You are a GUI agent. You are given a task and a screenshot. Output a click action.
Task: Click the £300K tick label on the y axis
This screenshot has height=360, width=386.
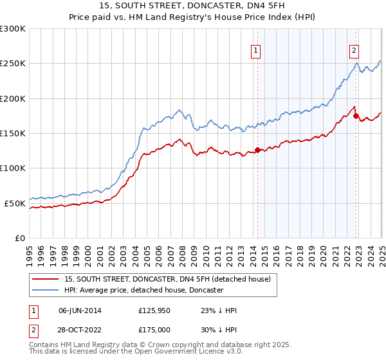(x=13, y=29)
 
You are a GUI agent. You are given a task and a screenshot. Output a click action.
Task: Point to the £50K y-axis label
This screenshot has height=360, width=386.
(x=15, y=203)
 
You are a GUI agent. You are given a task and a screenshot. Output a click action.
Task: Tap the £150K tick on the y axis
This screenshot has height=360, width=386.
(x=13, y=134)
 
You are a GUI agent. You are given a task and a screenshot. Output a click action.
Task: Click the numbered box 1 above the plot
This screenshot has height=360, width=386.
(x=256, y=51)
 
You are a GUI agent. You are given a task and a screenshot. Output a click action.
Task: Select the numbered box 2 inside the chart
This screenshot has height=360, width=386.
(x=354, y=51)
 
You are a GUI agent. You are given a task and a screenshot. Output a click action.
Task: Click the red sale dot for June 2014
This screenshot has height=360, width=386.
(x=257, y=150)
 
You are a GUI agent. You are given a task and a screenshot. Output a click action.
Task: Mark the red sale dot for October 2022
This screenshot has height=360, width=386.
(x=356, y=116)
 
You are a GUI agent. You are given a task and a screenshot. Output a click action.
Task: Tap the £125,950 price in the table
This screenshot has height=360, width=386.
(x=153, y=310)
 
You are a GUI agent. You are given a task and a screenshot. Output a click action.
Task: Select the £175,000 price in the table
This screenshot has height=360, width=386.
(x=153, y=328)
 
